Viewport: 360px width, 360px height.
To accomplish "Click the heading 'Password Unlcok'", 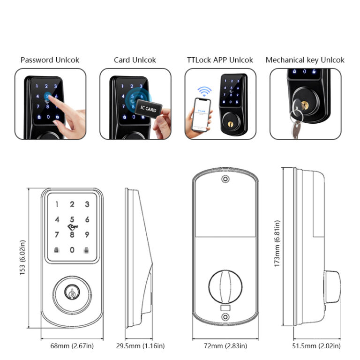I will click(x=50, y=60).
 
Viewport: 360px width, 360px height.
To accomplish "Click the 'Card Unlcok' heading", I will click(x=135, y=60).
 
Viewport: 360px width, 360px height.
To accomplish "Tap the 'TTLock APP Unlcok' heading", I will click(x=220, y=60).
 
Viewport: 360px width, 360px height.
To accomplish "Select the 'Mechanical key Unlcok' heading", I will click(x=305, y=60).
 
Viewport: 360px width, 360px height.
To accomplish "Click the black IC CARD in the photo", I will click(x=148, y=108).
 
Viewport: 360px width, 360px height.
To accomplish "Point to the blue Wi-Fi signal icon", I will click(x=204, y=91).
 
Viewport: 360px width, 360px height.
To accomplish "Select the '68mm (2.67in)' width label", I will click(x=72, y=346).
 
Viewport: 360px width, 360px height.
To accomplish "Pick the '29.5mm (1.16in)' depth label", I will click(x=140, y=346).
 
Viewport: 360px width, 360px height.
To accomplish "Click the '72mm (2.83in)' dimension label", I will click(x=225, y=346).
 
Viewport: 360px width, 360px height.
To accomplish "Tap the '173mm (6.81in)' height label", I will click(x=277, y=244).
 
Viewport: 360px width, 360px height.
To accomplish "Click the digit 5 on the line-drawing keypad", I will click(x=72, y=219).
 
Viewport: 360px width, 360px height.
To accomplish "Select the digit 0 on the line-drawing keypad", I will click(x=72, y=250).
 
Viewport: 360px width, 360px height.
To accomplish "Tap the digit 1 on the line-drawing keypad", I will click(x=57, y=204).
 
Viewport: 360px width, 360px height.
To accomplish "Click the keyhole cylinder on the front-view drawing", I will click(x=72, y=292).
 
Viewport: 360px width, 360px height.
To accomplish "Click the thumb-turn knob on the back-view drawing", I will click(x=225, y=286).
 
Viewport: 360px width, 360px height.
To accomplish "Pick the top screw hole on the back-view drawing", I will click(x=225, y=180).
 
